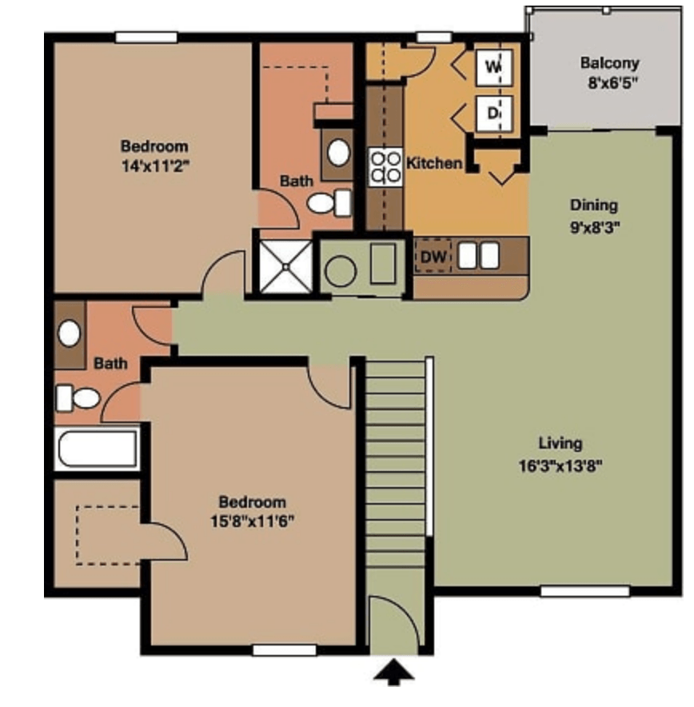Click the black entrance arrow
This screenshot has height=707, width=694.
coord(393,672)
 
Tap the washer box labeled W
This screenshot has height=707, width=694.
coord(494,67)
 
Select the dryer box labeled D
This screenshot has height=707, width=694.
coord(494,114)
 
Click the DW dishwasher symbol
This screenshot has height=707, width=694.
coord(433,257)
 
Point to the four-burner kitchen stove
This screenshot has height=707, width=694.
coord(385,166)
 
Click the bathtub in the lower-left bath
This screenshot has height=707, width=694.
coord(97,448)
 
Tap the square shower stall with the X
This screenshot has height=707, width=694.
coord(285,267)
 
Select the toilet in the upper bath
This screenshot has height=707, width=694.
coord(329,203)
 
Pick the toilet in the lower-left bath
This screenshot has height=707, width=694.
coord(78,397)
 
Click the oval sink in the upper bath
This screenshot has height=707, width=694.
coord(338,152)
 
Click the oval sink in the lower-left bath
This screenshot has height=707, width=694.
coord(69,334)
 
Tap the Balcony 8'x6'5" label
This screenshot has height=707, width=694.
coord(609,73)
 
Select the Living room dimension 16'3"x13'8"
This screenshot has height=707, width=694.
coord(560,465)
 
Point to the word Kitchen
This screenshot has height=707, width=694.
coord(434,163)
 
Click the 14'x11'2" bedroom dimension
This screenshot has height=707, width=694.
coord(154,166)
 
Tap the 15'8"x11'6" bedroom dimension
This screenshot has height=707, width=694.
coord(253,521)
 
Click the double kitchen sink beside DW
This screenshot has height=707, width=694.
coord(479,255)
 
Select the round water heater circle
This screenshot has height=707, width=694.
coord(341,271)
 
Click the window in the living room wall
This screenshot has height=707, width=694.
coord(584,591)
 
